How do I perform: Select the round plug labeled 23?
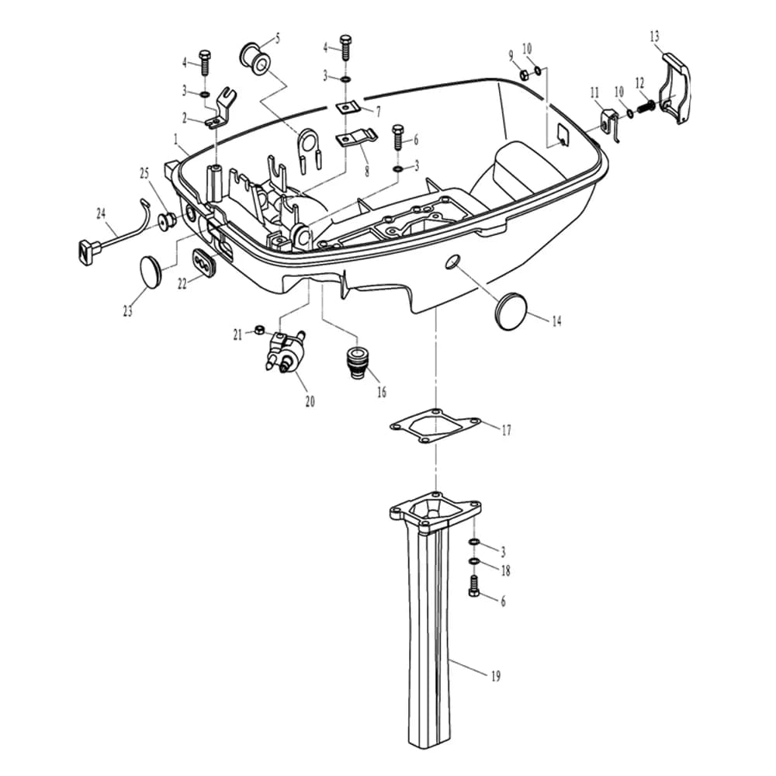(151, 271)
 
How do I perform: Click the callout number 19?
(495, 676)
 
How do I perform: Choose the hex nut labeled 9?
(524, 74)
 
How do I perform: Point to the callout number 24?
(101, 214)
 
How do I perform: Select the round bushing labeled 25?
(166, 220)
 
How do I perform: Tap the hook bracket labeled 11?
(611, 124)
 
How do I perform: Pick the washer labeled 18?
(474, 561)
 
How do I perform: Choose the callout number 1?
(175, 140)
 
